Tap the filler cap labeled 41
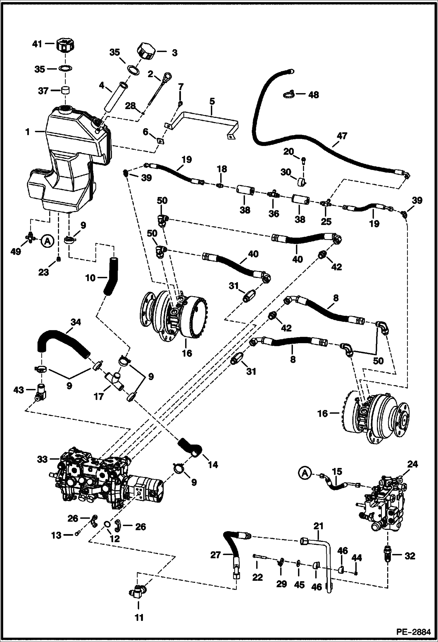click(66, 45)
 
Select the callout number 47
click(342, 136)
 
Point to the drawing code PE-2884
click(413, 632)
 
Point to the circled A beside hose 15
click(305, 473)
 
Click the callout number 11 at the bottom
click(139, 618)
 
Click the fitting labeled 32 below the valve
click(388, 555)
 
